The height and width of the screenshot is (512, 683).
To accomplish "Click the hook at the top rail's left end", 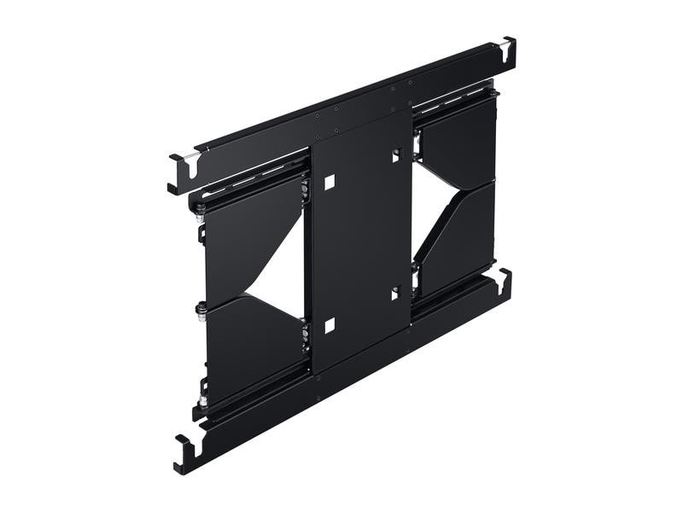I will click(x=180, y=172).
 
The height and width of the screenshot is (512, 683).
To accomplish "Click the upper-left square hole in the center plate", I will click(x=330, y=182).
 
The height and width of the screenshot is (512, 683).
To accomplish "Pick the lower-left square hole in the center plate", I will click(x=330, y=324).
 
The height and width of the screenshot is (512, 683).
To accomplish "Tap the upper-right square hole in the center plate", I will click(x=396, y=155).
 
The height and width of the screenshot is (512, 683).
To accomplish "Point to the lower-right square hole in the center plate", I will click(x=395, y=293).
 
